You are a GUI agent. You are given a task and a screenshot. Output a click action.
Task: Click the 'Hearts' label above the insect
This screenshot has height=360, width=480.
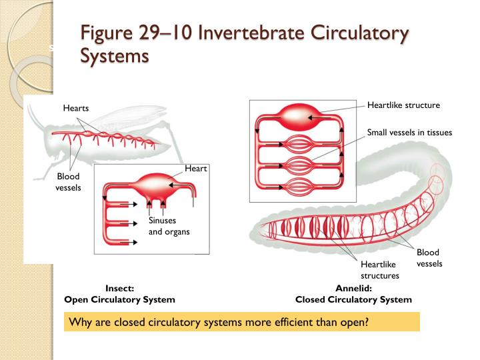pos(76,108)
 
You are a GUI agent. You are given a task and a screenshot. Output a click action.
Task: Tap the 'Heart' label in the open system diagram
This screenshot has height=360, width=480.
pos(196,169)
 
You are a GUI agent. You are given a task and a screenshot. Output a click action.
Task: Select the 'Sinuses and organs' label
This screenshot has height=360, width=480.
pos(169,227)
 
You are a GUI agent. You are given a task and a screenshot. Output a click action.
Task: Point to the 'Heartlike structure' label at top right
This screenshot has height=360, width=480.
pos(403,105)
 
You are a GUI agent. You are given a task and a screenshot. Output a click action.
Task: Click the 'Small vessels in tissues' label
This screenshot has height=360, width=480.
pos(409,133)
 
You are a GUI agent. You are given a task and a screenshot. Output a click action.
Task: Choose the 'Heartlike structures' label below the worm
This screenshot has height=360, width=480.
pos(380,270)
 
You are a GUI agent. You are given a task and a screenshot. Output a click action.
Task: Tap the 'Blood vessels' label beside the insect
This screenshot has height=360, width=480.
pos(68,182)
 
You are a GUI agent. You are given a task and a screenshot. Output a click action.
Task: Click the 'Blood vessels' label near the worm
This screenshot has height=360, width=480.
pos(429,258)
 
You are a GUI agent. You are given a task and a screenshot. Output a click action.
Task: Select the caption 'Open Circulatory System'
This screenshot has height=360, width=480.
pos(119,300)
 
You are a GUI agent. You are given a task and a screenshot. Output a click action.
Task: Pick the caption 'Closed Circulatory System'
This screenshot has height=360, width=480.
pos(353,300)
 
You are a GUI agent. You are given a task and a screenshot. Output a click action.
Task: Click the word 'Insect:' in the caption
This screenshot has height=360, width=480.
pos(120,289)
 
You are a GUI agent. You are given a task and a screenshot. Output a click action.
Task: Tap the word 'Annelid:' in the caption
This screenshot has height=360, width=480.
pos(353,289)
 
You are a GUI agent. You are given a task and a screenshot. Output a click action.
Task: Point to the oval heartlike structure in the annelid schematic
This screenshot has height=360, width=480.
pos(294,118)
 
